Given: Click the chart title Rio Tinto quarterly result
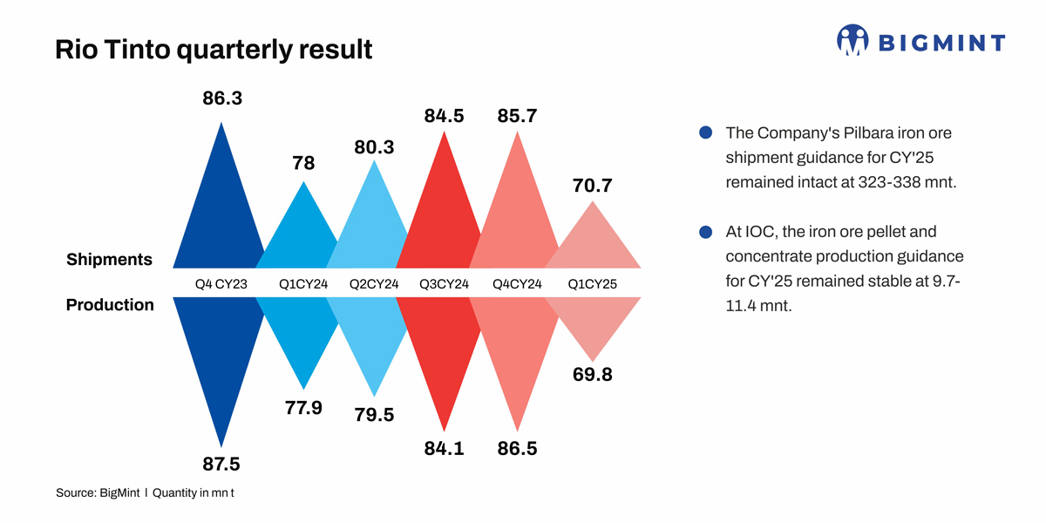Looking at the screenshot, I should pos(214,49).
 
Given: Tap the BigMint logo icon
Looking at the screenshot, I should pos(852,40).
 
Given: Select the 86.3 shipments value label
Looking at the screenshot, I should pos(221,98).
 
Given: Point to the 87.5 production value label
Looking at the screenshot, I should pos(221,463).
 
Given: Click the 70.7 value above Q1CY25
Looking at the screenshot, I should pos(593,186).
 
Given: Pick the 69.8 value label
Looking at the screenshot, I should pos(593,376).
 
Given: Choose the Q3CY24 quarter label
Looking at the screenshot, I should pos(445,283).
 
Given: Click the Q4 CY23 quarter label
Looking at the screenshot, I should pos(221,283).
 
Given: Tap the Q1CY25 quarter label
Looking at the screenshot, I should pos(593,283).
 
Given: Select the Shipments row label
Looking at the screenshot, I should pos(109,260).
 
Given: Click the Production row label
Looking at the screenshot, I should pos(110,305).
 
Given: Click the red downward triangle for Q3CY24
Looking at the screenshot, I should pos(445,357).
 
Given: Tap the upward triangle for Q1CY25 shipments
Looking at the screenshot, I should pos(593,240).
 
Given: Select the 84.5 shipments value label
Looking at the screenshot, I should pos(445,115).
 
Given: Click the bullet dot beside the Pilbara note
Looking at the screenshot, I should pos(706,133).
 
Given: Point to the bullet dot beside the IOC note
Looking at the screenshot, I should pos(706,233).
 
